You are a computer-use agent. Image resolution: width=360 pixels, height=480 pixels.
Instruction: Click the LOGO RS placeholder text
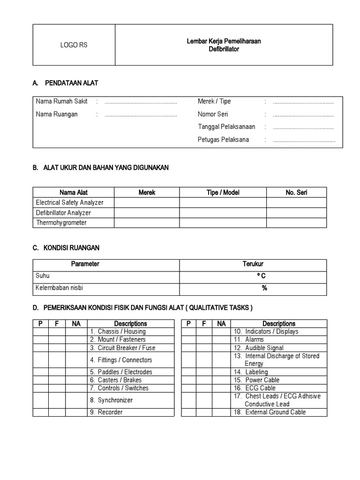(74, 45)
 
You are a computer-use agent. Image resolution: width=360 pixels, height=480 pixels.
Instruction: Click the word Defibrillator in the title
(224, 49)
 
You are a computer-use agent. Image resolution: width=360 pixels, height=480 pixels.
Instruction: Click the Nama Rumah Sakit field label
(62, 101)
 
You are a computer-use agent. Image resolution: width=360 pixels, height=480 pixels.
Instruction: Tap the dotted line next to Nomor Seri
(303, 114)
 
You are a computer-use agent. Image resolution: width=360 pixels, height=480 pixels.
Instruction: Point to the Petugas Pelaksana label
(224, 140)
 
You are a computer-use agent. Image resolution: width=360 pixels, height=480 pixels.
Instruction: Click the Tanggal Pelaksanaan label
(226, 127)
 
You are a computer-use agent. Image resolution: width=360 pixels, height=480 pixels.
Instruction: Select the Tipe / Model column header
(223, 192)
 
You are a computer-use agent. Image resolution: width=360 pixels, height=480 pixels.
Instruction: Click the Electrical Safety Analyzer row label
(70, 202)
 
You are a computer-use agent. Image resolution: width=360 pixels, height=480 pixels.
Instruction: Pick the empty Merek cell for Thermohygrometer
(147, 223)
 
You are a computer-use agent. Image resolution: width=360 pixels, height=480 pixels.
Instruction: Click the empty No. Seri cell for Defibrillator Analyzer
(296, 213)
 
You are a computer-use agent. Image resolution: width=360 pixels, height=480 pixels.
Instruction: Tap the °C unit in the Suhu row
(262, 276)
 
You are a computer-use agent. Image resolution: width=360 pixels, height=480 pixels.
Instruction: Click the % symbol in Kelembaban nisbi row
(264, 288)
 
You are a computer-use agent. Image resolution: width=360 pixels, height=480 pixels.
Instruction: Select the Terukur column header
(253, 264)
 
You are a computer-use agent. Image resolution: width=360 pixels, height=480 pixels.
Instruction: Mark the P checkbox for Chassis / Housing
(41, 331)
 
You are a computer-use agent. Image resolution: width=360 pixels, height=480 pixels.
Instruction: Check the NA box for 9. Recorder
(76, 412)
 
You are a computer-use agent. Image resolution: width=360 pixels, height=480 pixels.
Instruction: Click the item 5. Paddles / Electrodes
(121, 372)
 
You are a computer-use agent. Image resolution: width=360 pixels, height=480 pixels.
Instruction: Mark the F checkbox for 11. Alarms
(204, 339)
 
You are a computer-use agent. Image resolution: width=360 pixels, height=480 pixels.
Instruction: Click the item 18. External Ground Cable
(270, 412)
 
